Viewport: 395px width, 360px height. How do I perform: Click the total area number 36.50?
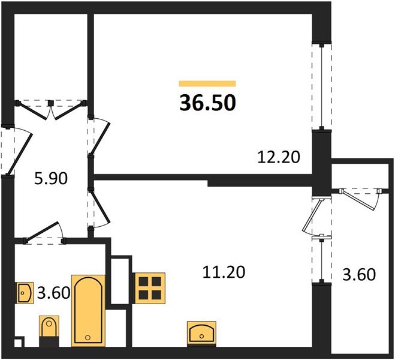pyautogui.click(x=207, y=103)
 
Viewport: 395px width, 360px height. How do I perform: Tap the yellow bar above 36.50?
pyautogui.click(x=207, y=83)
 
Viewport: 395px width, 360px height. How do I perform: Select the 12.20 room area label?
pyautogui.click(x=278, y=157)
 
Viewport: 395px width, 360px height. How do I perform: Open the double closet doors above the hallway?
pyautogui.click(x=52, y=109)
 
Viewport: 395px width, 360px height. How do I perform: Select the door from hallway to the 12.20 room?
pyautogui.click(x=98, y=137)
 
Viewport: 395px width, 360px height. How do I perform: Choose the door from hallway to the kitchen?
pyautogui.click(x=98, y=208)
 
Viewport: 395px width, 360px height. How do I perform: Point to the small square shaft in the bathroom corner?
pyautogui.click(x=19, y=343)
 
